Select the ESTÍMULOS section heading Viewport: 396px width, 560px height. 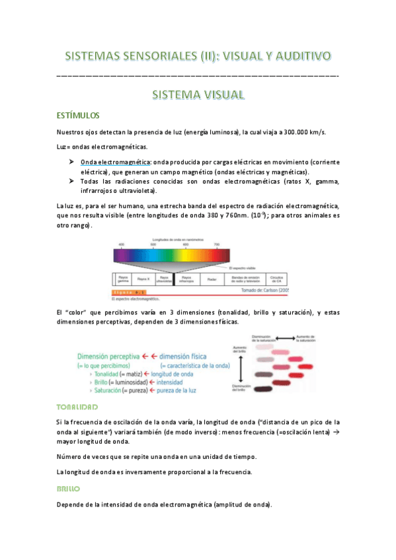pyautogui.click(x=78, y=114)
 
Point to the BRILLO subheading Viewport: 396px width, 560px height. pyautogui.click(x=69, y=489)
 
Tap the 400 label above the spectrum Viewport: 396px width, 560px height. pyautogui.click(x=121, y=244)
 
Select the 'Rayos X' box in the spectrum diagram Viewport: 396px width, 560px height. pyautogui.click(x=143, y=279)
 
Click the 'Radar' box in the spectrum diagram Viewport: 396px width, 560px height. pyautogui.click(x=212, y=279)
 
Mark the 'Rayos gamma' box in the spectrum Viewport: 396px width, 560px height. pyautogui.click(x=122, y=279)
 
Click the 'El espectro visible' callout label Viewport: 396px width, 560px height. pyautogui.click(x=244, y=268)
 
